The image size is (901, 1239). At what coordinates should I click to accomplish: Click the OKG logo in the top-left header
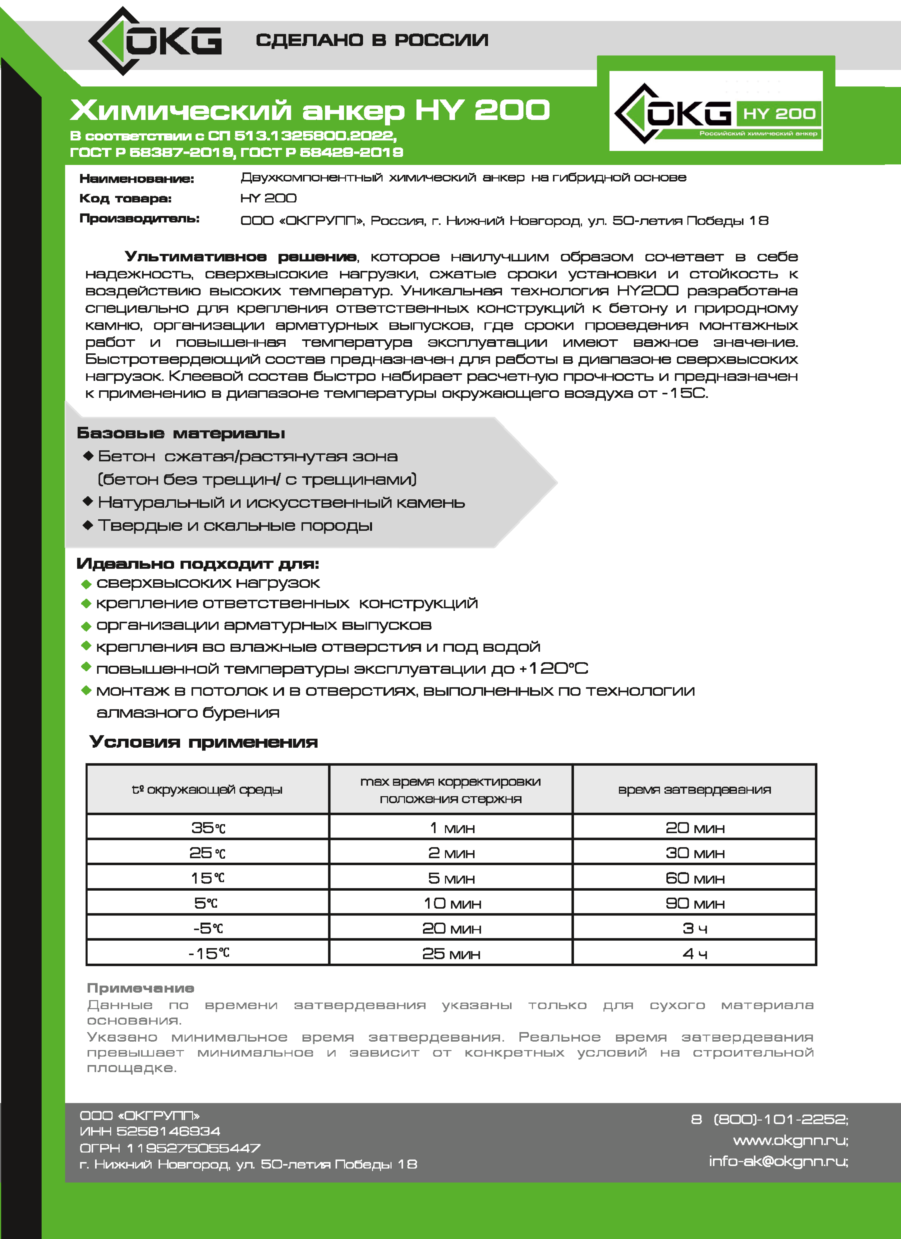(x=155, y=41)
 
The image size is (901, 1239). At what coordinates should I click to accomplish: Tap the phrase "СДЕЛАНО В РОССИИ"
(x=371, y=40)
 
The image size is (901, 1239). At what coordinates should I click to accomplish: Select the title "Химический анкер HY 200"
(x=310, y=110)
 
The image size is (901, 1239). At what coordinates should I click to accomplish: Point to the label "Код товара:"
(x=125, y=198)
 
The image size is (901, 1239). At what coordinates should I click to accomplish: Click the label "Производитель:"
(x=139, y=218)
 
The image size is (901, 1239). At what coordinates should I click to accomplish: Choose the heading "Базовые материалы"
(x=181, y=433)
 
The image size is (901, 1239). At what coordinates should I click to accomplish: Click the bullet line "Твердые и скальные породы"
(x=235, y=525)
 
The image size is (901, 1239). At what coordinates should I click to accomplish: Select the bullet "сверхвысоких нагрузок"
(x=208, y=583)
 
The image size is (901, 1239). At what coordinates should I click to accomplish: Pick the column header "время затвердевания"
(x=694, y=789)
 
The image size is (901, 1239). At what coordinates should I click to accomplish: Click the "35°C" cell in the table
(x=208, y=828)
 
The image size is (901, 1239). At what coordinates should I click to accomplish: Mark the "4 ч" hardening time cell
(x=694, y=954)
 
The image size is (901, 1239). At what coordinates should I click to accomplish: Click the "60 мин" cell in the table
(x=694, y=878)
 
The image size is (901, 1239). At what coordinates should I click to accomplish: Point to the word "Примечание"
(x=140, y=988)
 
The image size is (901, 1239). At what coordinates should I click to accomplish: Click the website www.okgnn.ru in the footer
(x=790, y=1141)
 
